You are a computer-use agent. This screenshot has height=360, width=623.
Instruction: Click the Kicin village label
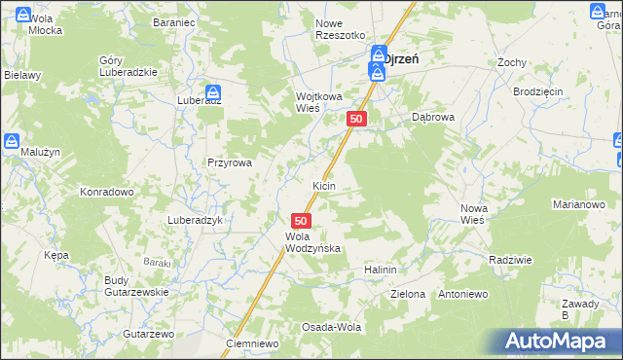point(324,185)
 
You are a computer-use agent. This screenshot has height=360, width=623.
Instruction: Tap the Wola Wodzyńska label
point(312,242)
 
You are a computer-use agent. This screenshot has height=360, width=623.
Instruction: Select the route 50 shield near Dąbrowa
point(357,119)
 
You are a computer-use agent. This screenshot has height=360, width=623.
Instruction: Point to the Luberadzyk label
point(196,220)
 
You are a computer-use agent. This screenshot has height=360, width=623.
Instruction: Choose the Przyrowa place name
point(230,163)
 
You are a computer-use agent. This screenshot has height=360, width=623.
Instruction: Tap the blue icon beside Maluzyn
point(12,141)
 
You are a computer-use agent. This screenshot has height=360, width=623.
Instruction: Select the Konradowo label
point(107,192)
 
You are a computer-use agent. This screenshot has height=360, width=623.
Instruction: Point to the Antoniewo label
point(462,293)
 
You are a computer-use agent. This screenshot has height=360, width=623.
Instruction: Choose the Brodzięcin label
point(538,91)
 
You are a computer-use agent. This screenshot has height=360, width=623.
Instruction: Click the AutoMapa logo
point(558,341)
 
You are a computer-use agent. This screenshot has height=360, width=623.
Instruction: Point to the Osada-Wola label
point(331,327)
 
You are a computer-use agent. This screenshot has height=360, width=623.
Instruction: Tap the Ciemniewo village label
point(252,343)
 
